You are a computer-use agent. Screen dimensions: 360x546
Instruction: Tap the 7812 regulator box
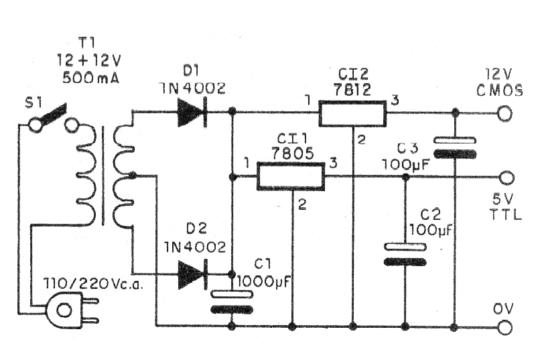(352, 113)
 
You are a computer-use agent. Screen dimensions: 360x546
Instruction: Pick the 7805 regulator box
(291, 178)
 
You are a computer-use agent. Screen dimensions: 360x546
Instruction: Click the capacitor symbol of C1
(232, 301)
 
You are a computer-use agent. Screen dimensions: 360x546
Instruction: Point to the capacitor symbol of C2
(405, 253)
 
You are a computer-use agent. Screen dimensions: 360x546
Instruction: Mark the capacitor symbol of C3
(455, 147)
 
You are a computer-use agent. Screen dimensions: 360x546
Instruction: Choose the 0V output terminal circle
(504, 327)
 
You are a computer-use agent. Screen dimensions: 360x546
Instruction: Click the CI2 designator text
(353, 73)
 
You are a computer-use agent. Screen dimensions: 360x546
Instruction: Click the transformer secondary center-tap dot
(132, 176)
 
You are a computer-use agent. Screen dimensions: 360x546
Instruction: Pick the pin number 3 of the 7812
(395, 101)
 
